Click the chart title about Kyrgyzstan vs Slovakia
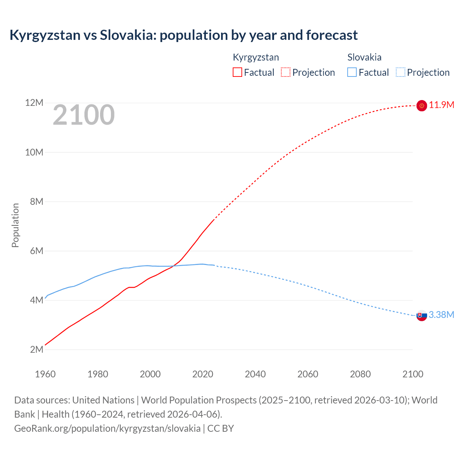[183, 35]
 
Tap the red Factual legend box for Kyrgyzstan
[237, 72]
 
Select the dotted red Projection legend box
[286, 72]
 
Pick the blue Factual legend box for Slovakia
[352, 72]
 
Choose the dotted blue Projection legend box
[401, 72]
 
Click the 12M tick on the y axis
[34, 103]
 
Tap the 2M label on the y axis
[36, 349]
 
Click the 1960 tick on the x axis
[45, 374]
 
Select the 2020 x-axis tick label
[203, 374]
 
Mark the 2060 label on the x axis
[308, 374]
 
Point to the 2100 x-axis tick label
[413, 374]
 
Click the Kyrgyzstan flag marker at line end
[422, 105]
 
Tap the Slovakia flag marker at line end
[422, 315]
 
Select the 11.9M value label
[442, 105]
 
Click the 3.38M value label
[442, 315]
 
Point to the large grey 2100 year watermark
[84, 115]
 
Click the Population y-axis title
[15, 225]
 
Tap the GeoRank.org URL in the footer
[107, 428]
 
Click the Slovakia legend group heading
[364, 57]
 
